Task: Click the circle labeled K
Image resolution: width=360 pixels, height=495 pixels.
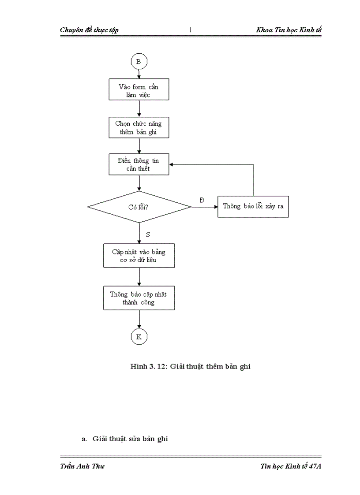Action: click(x=139, y=337)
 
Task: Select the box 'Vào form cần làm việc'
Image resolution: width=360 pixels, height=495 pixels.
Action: click(x=139, y=90)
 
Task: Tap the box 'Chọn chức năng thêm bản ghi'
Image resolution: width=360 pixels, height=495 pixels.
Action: click(x=139, y=127)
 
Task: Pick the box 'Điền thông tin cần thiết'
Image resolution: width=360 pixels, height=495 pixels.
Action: click(x=139, y=164)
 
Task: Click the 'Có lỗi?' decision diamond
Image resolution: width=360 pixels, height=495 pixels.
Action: click(x=139, y=206)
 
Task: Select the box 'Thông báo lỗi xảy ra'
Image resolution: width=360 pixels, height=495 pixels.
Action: click(x=253, y=206)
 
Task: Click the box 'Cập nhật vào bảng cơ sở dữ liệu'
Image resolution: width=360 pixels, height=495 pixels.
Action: click(x=139, y=256)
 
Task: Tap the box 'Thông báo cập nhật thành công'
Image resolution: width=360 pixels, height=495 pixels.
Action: click(x=139, y=298)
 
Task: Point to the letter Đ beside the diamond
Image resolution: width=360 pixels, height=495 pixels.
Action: click(x=202, y=201)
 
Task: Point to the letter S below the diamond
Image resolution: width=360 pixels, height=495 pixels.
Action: click(x=148, y=234)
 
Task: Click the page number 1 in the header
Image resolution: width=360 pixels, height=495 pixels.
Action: click(x=190, y=30)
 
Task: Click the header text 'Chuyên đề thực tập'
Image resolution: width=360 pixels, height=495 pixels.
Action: click(x=89, y=30)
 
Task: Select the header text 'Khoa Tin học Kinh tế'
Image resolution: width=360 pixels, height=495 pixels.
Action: click(x=289, y=30)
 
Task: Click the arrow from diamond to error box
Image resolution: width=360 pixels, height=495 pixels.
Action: click(x=205, y=206)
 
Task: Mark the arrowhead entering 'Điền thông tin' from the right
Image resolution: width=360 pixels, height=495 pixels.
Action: click(x=172, y=164)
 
